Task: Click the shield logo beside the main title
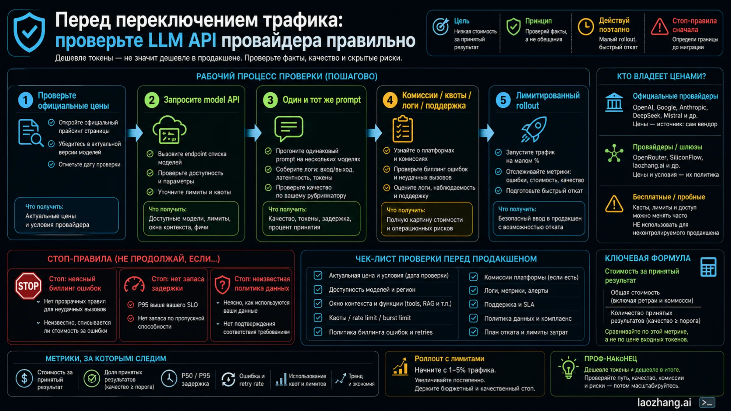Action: point(29,32)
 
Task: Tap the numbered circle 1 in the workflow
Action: point(26,100)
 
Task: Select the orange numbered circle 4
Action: point(390,100)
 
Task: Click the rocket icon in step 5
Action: point(534,129)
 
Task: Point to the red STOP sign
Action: point(28,286)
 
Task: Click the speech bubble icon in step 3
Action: point(289,129)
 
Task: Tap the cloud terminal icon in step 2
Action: point(169,130)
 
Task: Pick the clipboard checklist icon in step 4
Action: point(403,129)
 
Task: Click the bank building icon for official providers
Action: point(614,102)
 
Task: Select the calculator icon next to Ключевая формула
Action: point(708,267)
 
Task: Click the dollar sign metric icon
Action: point(24,378)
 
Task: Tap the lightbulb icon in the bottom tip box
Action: point(568,368)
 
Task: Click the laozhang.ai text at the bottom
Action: point(664,402)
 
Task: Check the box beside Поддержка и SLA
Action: point(473,304)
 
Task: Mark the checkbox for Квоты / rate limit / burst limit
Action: point(318,318)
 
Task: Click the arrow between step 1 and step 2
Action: point(135,133)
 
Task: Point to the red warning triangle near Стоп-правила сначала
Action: point(660,26)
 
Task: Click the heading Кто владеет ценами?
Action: point(661,76)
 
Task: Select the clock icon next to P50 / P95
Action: point(169,378)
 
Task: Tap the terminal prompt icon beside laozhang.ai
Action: point(707,403)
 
